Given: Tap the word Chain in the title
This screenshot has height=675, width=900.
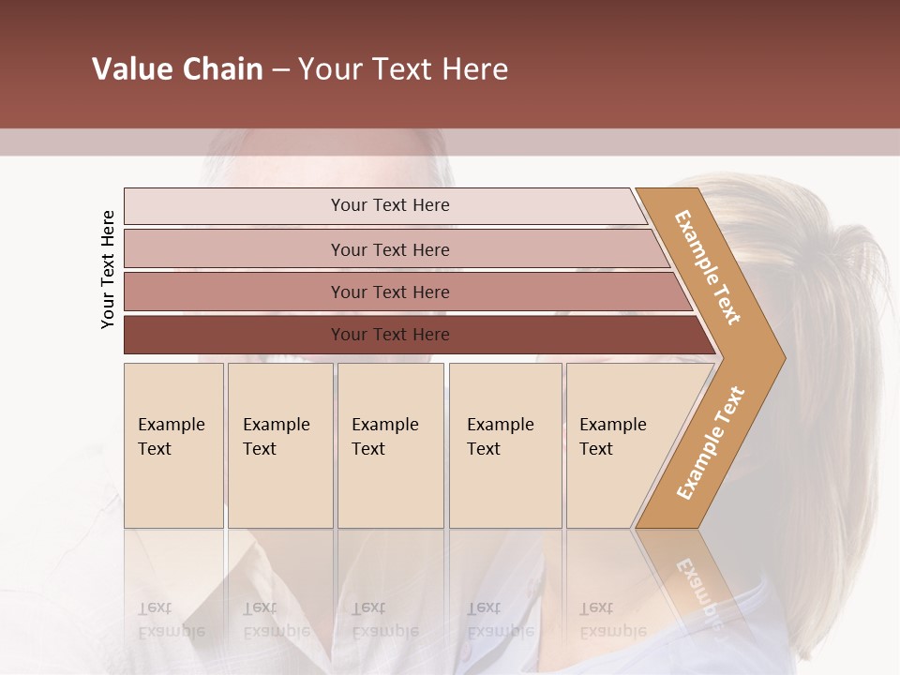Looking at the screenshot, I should click(x=222, y=69).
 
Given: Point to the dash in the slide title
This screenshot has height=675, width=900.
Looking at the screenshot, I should click(x=280, y=70).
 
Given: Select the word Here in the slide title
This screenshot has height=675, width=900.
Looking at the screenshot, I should click(x=474, y=69).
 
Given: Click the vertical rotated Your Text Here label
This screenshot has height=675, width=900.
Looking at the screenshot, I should click(x=108, y=269).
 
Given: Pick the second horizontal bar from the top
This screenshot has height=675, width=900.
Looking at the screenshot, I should click(x=390, y=249).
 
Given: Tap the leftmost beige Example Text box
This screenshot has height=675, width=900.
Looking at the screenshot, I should click(x=173, y=445).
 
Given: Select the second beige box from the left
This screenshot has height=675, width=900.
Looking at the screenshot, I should click(x=280, y=445).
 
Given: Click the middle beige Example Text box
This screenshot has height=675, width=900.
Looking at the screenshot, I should click(x=390, y=445).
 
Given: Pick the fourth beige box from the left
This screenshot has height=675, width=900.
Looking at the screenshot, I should click(x=505, y=445).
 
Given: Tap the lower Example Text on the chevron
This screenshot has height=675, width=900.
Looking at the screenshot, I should click(x=711, y=442).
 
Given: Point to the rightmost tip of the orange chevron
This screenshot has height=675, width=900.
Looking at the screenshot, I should click(x=784, y=357).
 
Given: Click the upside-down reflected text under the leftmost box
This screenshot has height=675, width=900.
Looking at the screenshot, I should click(x=172, y=620).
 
